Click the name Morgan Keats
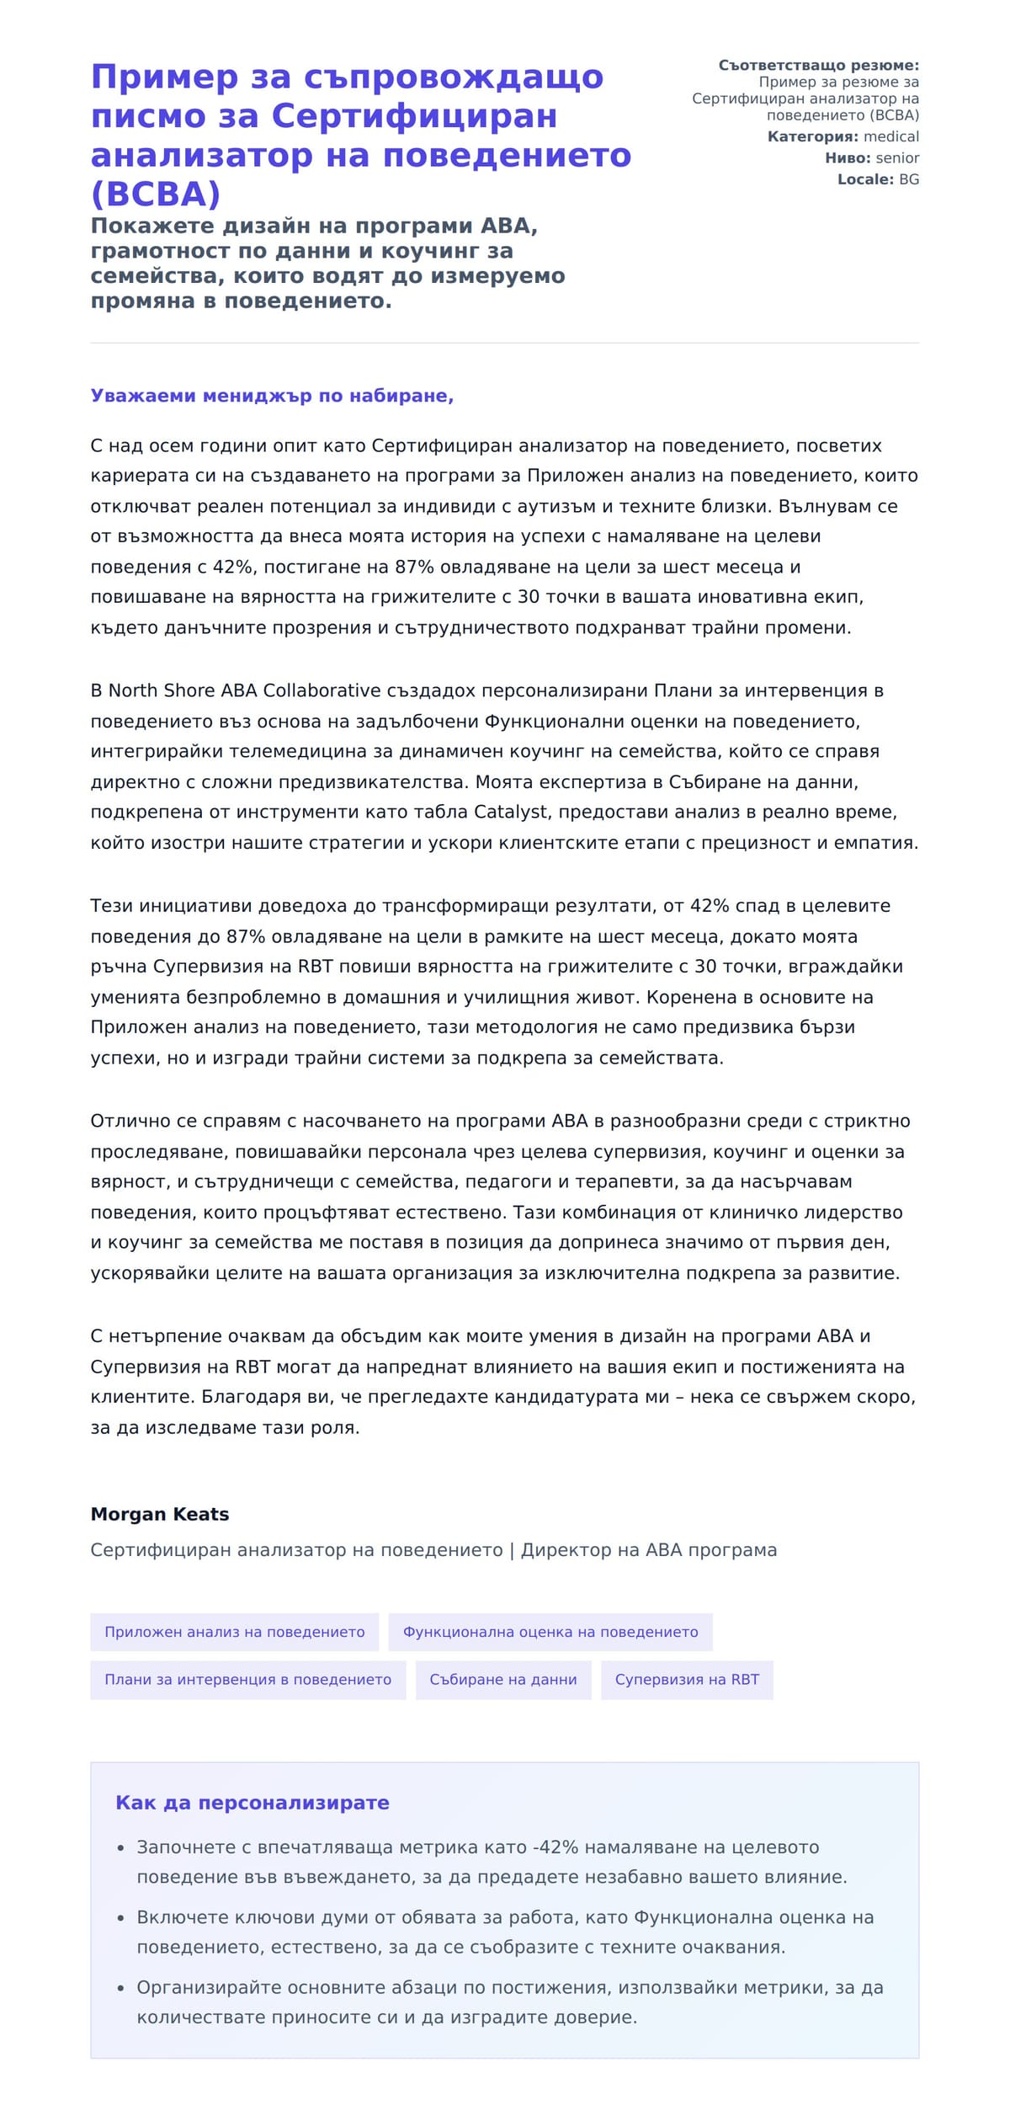pyautogui.click(x=159, y=1514)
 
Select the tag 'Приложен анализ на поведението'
pyautogui.click(x=234, y=1632)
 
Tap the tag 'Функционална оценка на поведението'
pyautogui.click(x=550, y=1632)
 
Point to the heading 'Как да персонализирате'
pyautogui.click(x=252, y=1803)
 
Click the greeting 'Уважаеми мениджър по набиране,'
pyautogui.click(x=272, y=396)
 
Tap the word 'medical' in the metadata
pyautogui.click(x=891, y=136)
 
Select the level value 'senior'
pyautogui.click(x=897, y=157)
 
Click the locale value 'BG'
pyautogui.click(x=909, y=179)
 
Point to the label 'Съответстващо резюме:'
pyautogui.click(x=818, y=66)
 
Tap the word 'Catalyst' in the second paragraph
pyautogui.click(x=513, y=813)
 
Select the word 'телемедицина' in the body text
pyautogui.click(x=286, y=751)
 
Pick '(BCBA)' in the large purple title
pyautogui.click(x=156, y=194)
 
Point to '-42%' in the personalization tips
pyautogui.click(x=555, y=1847)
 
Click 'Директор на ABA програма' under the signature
pyautogui.click(x=649, y=1550)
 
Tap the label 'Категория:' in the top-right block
pyautogui.click(x=813, y=136)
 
